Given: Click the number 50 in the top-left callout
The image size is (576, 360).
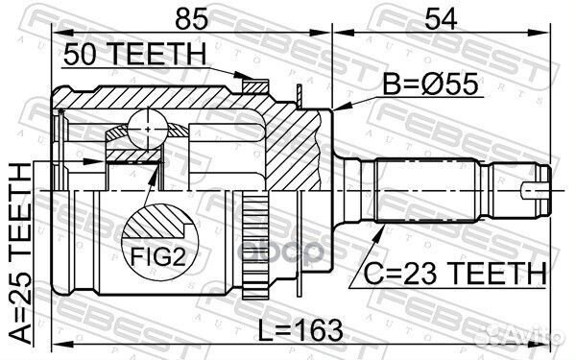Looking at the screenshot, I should [x=80, y=56].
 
